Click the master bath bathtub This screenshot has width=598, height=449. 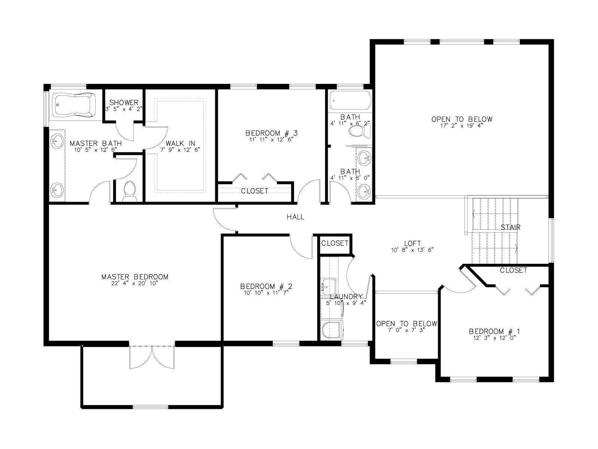coord(74,105)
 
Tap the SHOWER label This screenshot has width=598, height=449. coord(124,103)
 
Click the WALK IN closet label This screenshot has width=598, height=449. coord(181,143)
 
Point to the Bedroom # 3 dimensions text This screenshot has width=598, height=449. coord(272,140)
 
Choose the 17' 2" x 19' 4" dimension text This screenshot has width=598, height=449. coord(462,126)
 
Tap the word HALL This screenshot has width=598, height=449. coord(295,217)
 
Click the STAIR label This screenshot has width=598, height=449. coord(511,227)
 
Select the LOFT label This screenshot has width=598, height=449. coord(413,243)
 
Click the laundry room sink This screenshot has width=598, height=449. coord(328,287)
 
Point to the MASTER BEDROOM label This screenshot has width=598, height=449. coord(135,277)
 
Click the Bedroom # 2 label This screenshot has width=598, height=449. coord(266,286)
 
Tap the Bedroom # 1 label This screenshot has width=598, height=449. coord(494,332)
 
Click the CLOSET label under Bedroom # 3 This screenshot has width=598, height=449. coord(255,191)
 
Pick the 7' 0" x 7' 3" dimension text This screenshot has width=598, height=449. coord(407,330)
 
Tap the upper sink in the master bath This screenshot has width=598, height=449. coord(57,142)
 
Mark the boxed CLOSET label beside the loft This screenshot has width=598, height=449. coord(335,243)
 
